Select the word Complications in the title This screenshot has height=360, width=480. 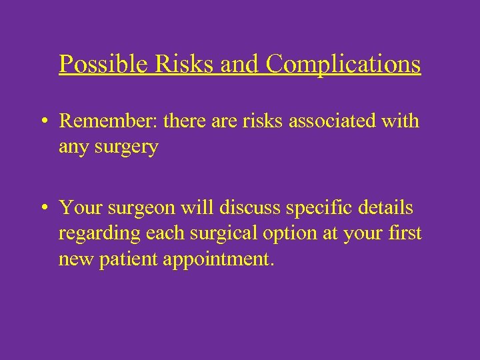coord(343,64)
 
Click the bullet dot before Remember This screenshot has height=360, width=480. coord(42,122)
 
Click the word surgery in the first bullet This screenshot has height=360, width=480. coord(127,147)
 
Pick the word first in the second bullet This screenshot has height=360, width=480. coord(405,233)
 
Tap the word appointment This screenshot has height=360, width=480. coord(217,259)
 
